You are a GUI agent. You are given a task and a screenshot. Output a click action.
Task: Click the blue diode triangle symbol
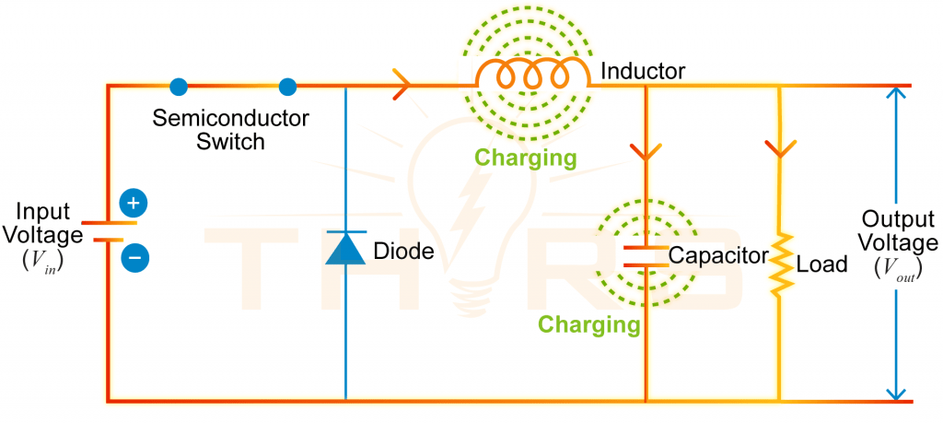coord(346,249)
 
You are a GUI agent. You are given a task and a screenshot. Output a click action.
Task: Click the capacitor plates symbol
coord(646,255)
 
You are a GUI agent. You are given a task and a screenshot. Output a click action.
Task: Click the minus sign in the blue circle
coord(134,258)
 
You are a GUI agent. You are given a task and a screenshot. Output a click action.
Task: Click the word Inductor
coord(642,70)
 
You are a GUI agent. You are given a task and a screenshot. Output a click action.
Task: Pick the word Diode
coord(403,251)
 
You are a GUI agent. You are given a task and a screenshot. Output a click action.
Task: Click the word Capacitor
coord(718,255)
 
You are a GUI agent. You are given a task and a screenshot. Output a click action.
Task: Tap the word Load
coord(821,265)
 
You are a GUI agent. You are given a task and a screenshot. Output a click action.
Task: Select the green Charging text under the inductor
coord(526,158)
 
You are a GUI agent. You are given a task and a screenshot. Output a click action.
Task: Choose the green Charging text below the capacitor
coord(588,324)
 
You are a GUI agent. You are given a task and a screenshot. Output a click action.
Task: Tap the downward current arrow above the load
coord(780,148)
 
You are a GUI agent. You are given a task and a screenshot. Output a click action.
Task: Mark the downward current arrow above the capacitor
coord(646,149)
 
